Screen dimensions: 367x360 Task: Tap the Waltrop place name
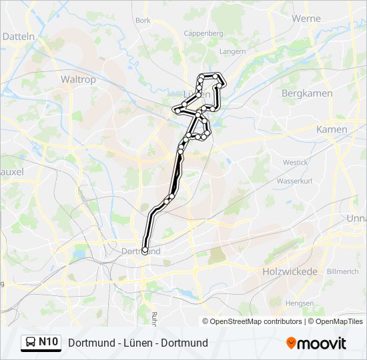point(79,79)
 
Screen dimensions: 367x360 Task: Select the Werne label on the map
point(306,19)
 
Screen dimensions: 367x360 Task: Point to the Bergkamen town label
point(307,93)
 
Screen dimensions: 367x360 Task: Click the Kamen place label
point(332,129)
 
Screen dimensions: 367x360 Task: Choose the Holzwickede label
point(288,271)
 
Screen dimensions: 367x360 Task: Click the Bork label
point(143,21)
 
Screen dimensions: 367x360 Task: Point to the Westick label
point(295,162)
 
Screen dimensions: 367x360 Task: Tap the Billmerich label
point(343,271)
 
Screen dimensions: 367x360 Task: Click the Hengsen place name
point(298,303)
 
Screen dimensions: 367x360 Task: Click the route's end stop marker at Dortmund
point(145,251)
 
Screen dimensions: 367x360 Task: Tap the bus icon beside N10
point(30,343)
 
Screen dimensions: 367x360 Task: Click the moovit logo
point(316,343)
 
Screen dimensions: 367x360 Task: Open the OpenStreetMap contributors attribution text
point(256,321)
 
